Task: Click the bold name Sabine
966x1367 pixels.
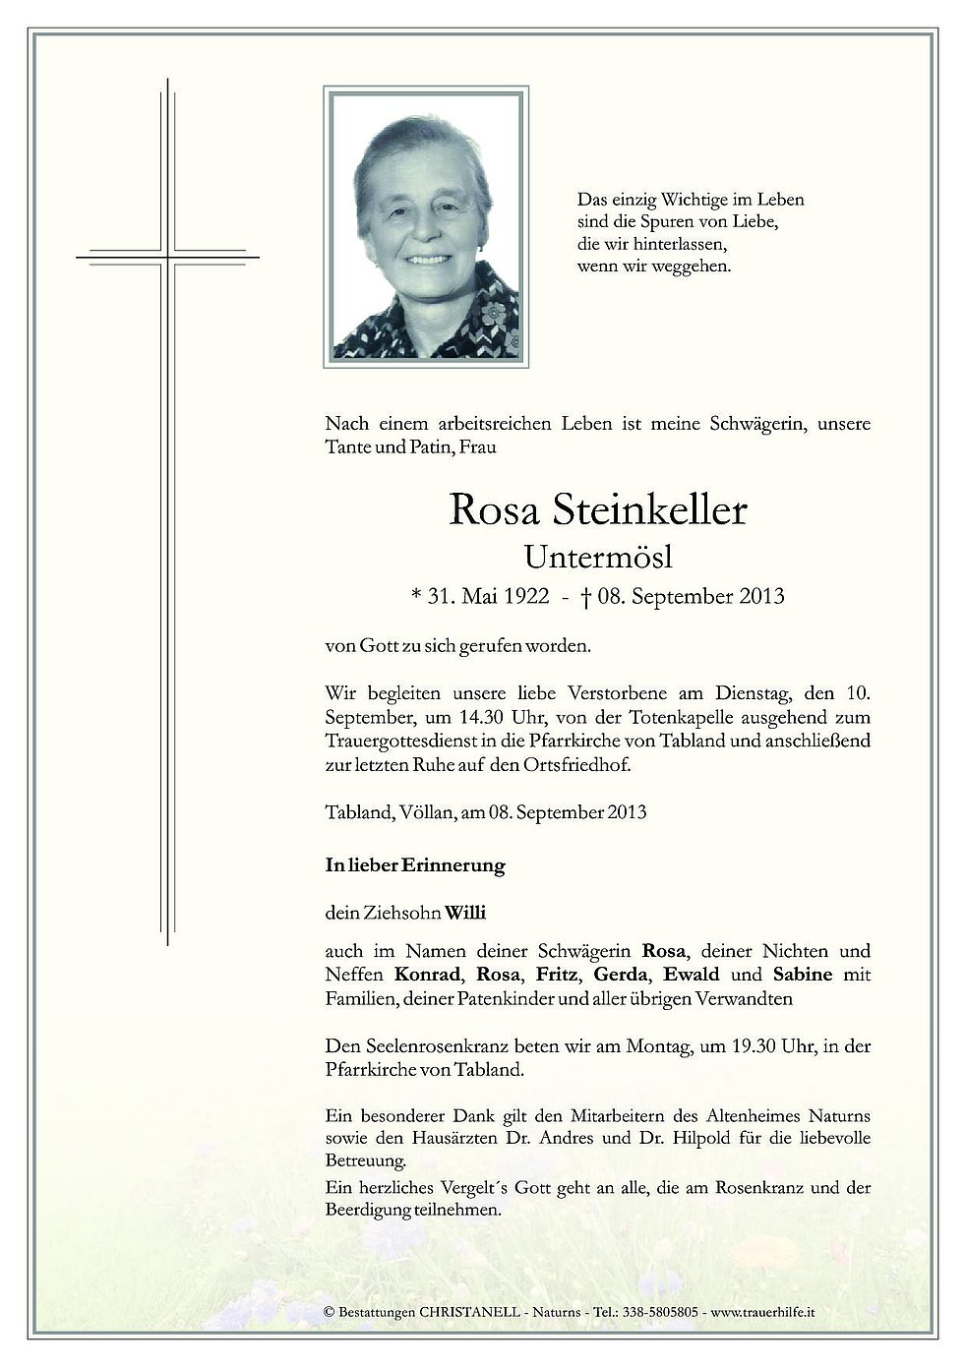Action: (x=803, y=975)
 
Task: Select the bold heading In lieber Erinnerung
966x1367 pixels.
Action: (x=414, y=866)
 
